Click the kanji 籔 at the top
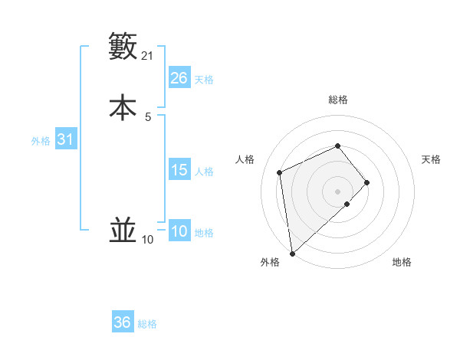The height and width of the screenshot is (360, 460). (x=123, y=47)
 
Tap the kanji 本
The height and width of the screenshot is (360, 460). (x=123, y=106)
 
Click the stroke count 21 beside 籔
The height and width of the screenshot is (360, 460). (x=148, y=56)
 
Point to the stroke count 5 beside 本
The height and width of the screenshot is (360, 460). (x=148, y=116)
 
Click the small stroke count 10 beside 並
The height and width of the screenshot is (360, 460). (x=148, y=240)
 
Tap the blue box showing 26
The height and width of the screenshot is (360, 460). (x=179, y=78)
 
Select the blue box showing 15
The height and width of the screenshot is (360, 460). (x=179, y=170)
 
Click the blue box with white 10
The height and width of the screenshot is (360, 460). (x=179, y=231)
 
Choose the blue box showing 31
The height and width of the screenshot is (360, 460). (x=66, y=139)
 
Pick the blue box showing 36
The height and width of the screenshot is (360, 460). (x=123, y=322)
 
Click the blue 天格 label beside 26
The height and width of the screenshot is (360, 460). (x=204, y=80)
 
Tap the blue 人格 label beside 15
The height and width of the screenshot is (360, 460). (x=204, y=172)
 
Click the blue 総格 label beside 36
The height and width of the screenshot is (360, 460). (x=147, y=324)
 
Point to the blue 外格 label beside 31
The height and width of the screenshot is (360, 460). (x=41, y=141)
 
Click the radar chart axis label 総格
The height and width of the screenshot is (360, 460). (x=337, y=100)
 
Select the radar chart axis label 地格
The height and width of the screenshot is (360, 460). (x=402, y=262)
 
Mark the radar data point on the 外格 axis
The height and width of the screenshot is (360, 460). (x=291, y=253)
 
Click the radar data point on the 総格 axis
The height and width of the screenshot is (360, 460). (x=337, y=146)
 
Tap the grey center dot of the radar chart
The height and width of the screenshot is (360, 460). (x=337, y=190)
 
